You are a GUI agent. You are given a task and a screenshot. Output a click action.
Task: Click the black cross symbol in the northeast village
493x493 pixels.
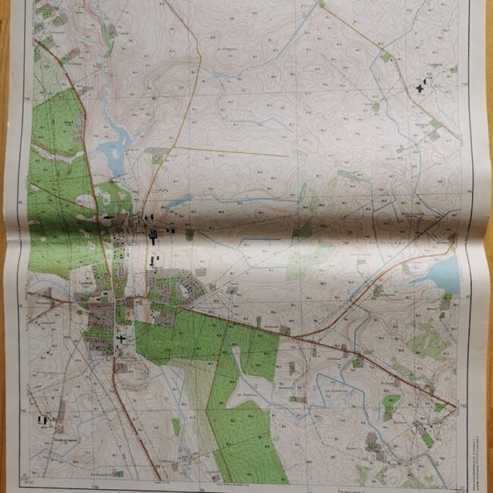420,89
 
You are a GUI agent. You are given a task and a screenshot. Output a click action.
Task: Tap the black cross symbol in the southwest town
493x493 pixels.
121,338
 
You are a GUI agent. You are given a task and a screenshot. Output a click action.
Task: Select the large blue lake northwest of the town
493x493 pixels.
115,144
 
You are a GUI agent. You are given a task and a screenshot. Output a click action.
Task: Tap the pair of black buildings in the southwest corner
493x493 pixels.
45,418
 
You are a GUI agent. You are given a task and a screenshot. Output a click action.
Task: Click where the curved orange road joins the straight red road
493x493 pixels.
293,336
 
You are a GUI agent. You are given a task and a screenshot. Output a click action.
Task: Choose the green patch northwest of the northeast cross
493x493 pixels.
386,57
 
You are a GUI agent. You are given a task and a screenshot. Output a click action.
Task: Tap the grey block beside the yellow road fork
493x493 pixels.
158,151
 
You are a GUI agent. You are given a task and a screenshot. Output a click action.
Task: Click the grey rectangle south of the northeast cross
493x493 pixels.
432,136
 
